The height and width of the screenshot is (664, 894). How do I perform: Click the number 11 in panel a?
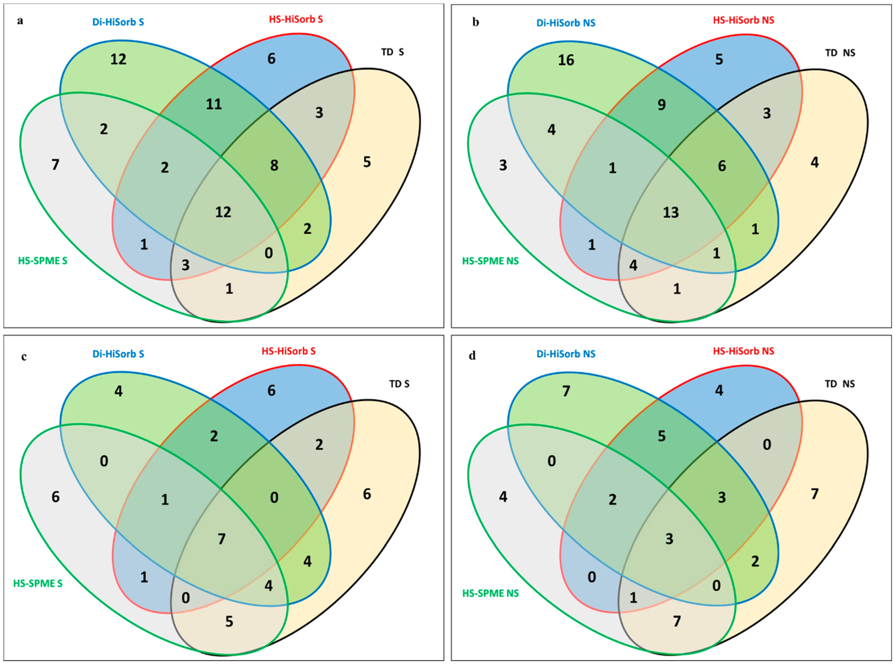[214, 104]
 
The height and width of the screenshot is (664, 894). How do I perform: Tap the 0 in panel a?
[268, 253]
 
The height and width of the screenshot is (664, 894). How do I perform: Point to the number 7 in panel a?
[55, 165]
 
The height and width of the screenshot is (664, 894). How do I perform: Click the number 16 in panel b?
[566, 60]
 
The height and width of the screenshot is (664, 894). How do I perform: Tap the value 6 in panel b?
[722, 166]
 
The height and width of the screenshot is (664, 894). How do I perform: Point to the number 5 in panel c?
[229, 621]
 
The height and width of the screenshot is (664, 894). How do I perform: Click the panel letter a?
[20, 21]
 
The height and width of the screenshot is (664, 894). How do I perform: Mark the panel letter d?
[472, 356]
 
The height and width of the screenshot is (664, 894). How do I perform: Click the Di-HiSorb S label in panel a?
[118, 22]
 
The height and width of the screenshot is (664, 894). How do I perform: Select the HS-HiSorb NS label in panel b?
[744, 20]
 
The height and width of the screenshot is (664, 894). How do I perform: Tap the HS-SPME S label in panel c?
[38, 583]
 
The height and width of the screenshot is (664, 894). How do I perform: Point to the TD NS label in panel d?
[840, 384]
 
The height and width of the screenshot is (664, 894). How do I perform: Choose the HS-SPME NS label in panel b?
[491, 261]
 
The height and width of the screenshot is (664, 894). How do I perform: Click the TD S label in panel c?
[399, 384]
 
